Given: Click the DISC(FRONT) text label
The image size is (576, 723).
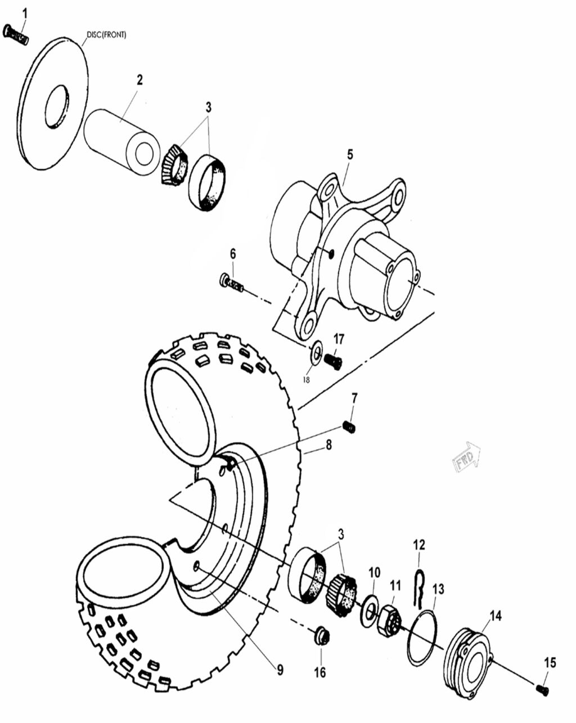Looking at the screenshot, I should coord(106,35).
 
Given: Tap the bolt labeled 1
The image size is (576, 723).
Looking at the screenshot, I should coord(15,34).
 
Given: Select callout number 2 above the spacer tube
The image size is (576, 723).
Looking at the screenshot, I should coord(139,80).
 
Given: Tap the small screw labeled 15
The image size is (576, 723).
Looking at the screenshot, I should coord(542,689).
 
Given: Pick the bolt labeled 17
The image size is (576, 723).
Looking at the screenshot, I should coord(333,360).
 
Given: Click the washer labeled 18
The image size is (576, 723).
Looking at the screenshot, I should coord(317,353).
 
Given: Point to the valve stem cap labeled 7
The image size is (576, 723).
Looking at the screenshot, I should coord(349,427).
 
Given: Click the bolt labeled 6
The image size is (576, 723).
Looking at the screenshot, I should coord(232,282).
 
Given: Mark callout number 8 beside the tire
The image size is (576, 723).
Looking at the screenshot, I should coord(328,444).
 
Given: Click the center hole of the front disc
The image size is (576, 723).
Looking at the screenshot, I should coord(57,105).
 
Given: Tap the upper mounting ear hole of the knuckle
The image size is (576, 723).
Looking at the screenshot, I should coord(399,197).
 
